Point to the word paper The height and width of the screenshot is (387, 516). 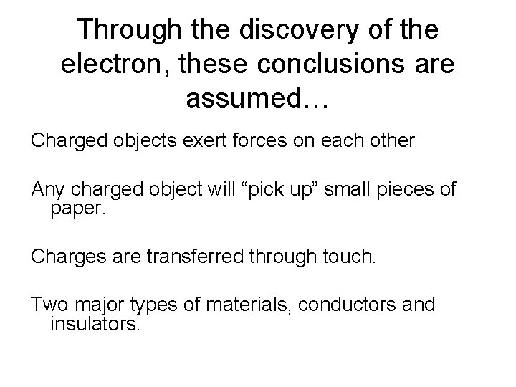[x=78, y=209]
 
